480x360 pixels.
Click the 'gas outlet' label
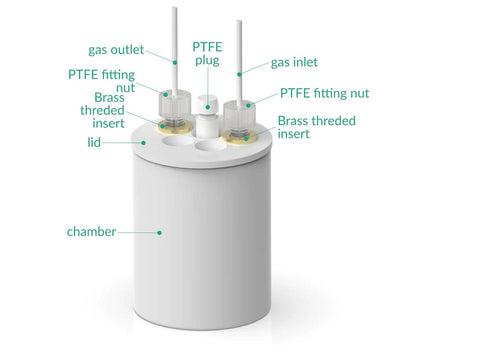pos(116,50)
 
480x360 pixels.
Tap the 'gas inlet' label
pos(294,62)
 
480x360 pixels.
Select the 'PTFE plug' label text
pos(207,53)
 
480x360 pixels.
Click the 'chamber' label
pos(91,231)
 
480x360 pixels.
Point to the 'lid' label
pos(94,142)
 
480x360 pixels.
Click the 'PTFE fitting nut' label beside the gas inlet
pos(324,93)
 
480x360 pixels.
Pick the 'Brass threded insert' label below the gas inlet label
pos(317,127)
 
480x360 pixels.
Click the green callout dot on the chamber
pos(159,232)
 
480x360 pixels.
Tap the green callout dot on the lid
pos(143,143)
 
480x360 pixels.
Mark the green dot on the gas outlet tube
pos(175,62)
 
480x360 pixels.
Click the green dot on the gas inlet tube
pos(239,74)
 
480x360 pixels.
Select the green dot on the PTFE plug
pos(208,107)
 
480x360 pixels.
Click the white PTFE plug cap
pos(207,104)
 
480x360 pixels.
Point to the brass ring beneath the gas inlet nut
pos(240,138)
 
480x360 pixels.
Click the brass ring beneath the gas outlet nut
pos(174,126)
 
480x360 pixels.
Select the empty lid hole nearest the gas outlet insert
pos(178,140)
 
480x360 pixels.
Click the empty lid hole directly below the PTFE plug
pos(211,146)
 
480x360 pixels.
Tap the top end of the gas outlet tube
pos(174,8)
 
